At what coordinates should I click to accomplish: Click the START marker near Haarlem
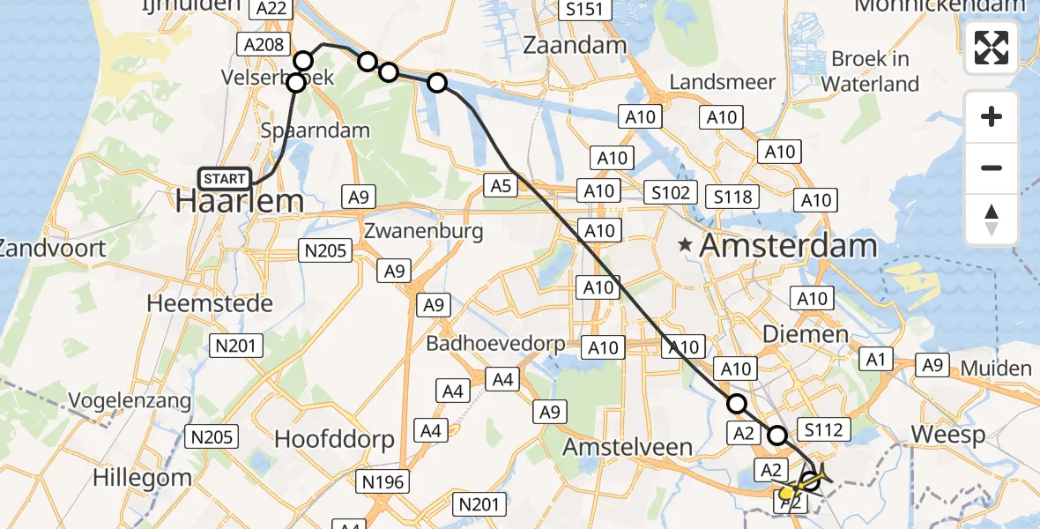(x=225, y=179)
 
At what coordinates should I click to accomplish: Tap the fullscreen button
(x=992, y=48)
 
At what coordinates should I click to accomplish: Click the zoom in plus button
(x=992, y=116)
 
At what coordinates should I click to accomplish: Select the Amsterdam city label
(x=788, y=246)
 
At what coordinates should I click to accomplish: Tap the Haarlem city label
(x=240, y=201)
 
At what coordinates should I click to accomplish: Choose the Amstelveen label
(x=627, y=446)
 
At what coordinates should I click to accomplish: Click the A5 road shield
(x=501, y=185)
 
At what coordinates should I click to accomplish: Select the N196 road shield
(x=382, y=481)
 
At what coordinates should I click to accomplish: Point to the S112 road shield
(x=823, y=430)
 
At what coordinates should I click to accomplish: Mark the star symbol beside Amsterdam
(x=685, y=246)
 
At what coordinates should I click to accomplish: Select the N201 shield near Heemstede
(x=237, y=346)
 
